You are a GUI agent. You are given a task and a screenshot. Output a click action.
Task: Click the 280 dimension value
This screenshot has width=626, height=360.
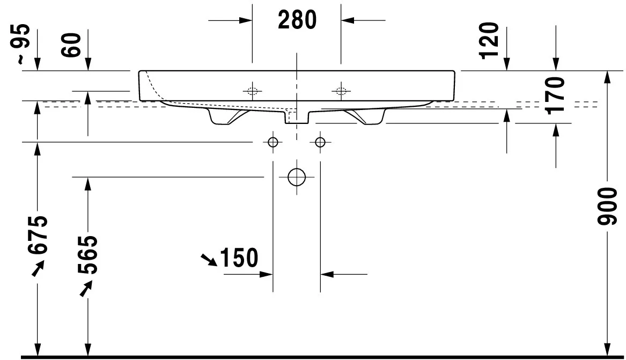coord(297,20)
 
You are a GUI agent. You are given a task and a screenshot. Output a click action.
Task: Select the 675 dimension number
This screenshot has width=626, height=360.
coord(38,237)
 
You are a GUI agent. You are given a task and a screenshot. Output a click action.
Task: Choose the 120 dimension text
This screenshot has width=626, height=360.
coord(490,41)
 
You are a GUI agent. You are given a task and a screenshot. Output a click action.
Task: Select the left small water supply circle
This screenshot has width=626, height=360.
coord(273,142)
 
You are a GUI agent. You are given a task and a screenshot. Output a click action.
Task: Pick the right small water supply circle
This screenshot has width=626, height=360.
coord(320,142)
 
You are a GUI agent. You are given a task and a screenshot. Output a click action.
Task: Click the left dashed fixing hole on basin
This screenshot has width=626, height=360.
coord(253,90)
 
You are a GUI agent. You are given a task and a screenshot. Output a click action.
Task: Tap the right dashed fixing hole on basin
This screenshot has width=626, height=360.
coord(340,90)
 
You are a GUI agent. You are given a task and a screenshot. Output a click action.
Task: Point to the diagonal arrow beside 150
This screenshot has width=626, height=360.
coord(209,260)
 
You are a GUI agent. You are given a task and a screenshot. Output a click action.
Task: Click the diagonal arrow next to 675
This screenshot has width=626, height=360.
coord(38,269)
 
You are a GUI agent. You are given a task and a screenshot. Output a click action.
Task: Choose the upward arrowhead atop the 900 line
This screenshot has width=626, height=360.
coord(607,77)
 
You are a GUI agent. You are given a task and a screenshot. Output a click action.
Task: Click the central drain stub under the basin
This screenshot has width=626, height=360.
coord(296,116)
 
